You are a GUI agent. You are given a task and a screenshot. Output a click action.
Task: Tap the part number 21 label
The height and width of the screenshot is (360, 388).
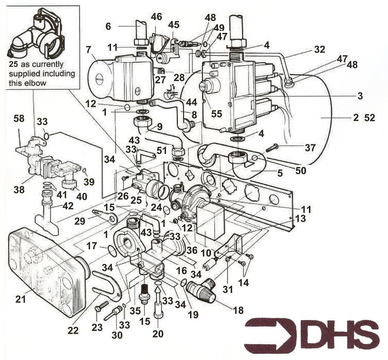(x=20, y=299)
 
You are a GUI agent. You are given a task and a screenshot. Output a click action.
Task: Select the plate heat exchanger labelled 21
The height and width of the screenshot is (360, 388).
(x=48, y=272)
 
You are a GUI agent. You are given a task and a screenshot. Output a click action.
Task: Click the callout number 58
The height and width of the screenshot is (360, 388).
(x=19, y=118)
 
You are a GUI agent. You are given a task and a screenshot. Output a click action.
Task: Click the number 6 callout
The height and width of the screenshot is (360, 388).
(x=108, y=26)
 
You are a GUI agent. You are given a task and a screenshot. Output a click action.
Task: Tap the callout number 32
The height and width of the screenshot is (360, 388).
(x=319, y=49)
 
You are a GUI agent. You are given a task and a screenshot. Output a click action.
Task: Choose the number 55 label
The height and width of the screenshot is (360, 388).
(x=216, y=114)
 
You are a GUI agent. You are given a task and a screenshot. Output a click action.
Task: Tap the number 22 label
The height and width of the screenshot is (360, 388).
(x=73, y=330)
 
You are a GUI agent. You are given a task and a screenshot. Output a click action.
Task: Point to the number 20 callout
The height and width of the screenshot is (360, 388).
(x=158, y=334)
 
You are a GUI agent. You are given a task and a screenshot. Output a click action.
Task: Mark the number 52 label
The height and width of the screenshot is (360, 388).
(x=370, y=118)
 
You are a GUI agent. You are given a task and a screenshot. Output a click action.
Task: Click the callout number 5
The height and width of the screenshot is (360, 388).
(x=280, y=173)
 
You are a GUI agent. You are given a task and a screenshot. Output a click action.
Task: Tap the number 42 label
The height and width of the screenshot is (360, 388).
(x=68, y=206)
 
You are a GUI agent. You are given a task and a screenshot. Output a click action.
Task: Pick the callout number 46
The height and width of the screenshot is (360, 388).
(x=156, y=17)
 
